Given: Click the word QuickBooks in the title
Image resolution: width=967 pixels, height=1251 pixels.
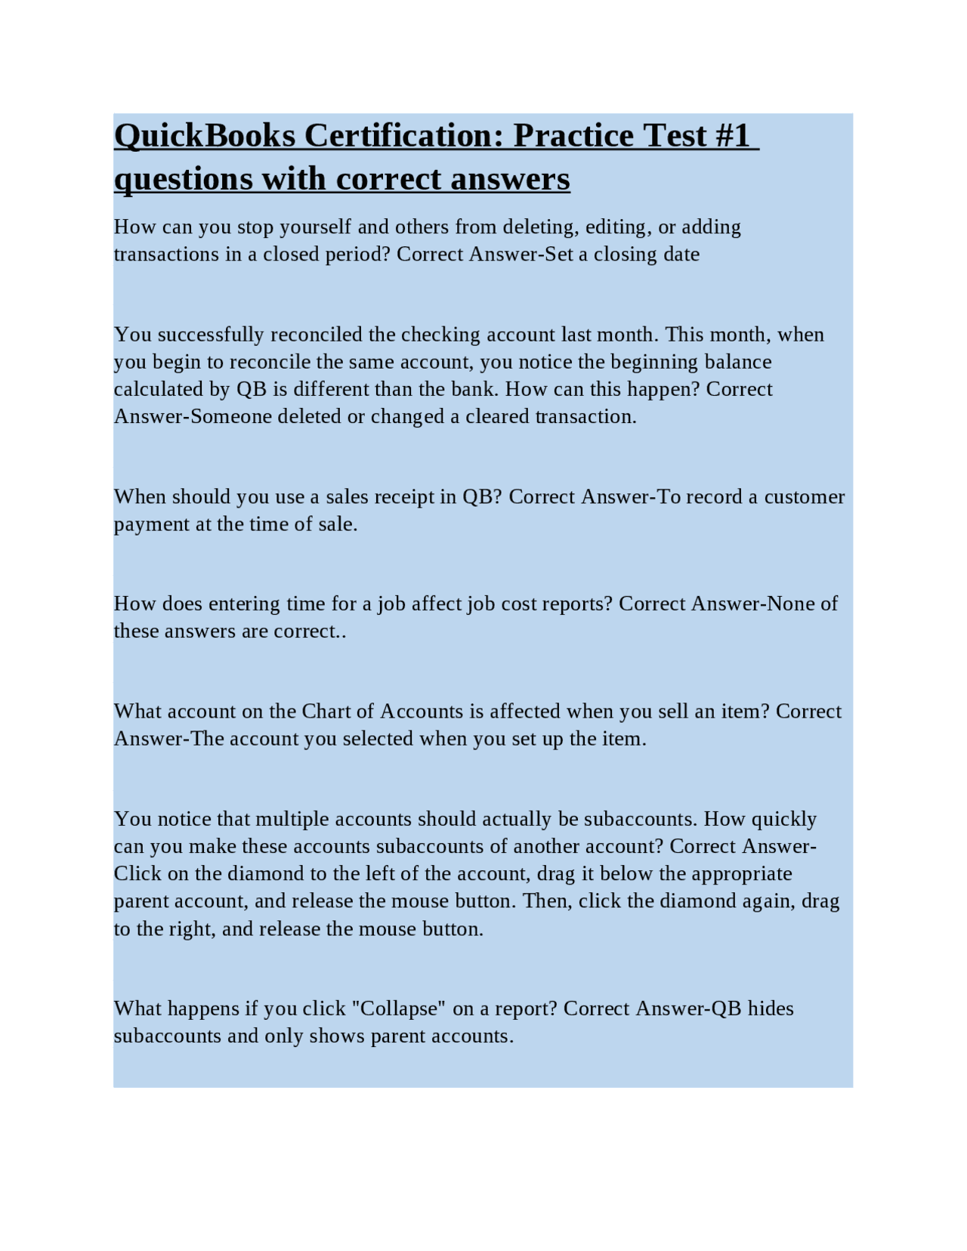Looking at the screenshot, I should (205, 136).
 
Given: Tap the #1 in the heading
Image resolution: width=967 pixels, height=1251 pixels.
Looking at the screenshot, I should (731, 136).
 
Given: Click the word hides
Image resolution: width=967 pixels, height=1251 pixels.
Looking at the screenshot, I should (771, 1009).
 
